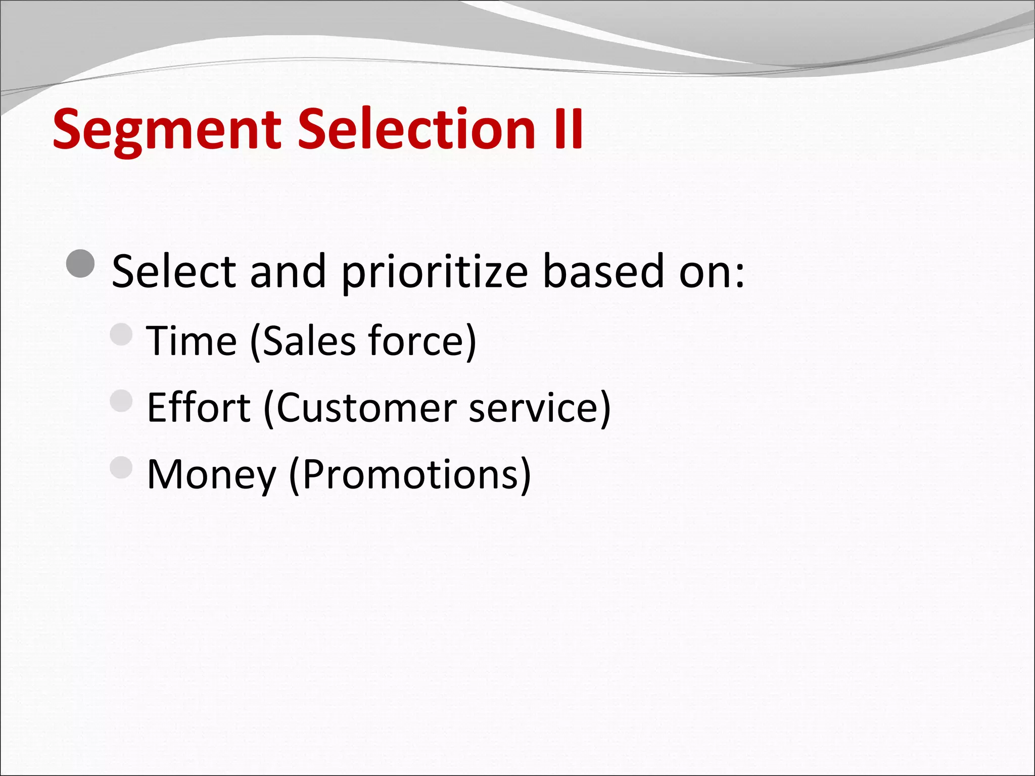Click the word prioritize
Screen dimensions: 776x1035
coord(435,273)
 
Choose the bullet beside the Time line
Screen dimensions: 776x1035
coord(121,334)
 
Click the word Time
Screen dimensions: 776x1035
coord(192,341)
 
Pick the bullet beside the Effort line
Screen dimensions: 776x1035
coord(121,401)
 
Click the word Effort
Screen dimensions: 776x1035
coord(198,408)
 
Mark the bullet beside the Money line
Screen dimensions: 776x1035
coord(121,468)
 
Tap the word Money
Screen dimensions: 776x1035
coord(212,475)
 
